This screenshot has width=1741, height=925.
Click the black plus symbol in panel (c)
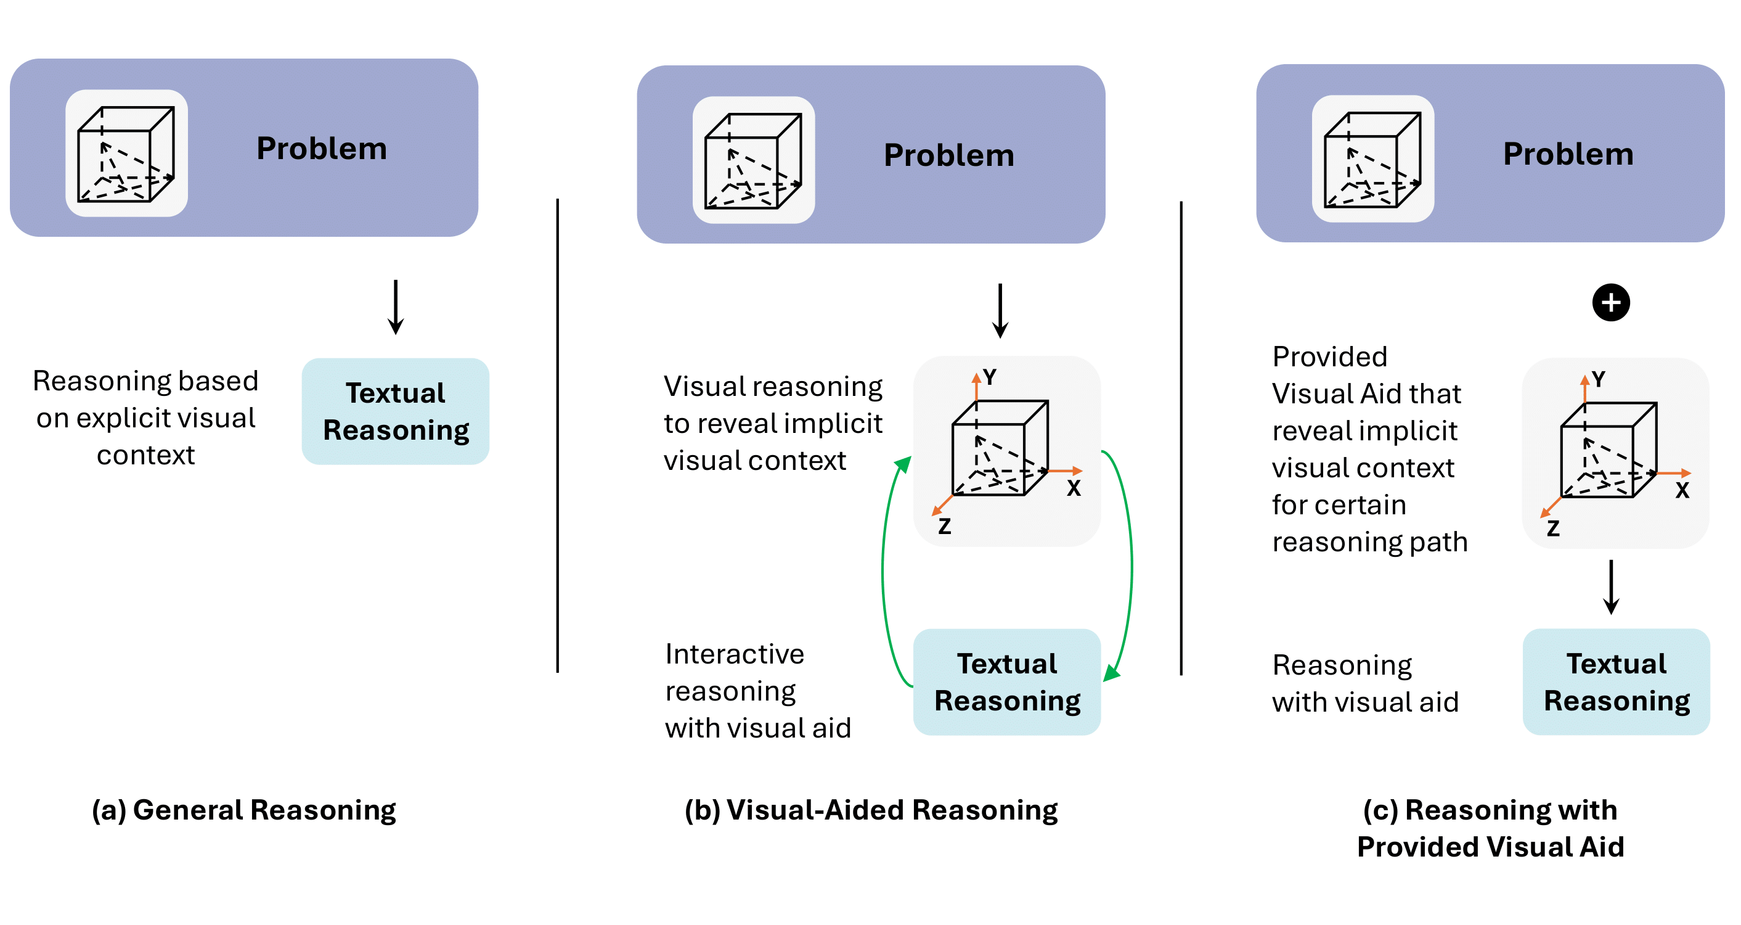click(1610, 302)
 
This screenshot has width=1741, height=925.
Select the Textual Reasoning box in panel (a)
click(396, 411)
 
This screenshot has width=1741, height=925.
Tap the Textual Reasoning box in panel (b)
click(1006, 681)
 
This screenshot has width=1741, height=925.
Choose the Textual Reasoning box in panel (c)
click(1616, 681)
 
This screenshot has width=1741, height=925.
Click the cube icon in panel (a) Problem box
click(126, 154)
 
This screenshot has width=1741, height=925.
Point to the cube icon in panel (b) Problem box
click(753, 160)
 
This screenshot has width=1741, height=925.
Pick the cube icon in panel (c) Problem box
click(1372, 159)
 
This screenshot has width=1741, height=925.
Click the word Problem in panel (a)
click(321, 149)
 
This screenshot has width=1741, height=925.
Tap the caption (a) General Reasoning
click(244, 810)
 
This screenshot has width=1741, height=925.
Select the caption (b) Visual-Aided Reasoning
click(871, 810)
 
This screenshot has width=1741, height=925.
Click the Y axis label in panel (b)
click(990, 377)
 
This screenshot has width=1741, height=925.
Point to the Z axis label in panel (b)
click(944, 526)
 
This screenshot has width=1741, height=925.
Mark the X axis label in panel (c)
click(1682, 491)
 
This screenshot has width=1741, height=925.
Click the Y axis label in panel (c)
click(1599, 379)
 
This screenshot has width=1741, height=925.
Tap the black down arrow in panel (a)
click(396, 307)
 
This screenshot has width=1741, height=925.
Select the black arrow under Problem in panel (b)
click(1000, 310)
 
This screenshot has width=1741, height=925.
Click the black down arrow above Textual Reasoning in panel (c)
click(1611, 586)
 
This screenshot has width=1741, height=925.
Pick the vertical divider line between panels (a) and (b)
click(558, 435)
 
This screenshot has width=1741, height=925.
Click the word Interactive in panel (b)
click(735, 654)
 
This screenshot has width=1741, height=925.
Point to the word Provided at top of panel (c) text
click(1329, 357)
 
